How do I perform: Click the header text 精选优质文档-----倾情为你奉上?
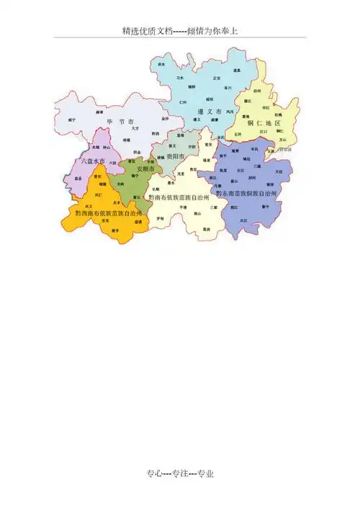pos(180,31)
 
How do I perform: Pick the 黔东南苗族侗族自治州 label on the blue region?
pos(251,194)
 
